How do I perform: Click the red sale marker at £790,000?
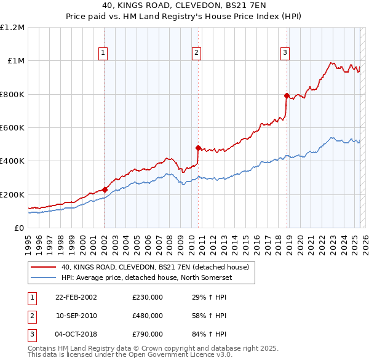(287, 95)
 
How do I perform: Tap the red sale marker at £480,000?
(198, 148)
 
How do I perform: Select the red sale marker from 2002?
(105, 189)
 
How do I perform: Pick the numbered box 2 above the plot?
(196, 53)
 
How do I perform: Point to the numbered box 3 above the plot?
(285, 53)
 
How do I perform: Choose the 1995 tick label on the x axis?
(28, 243)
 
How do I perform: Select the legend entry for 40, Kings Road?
(154, 268)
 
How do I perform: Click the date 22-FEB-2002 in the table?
(76, 297)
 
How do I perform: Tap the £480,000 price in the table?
(148, 316)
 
